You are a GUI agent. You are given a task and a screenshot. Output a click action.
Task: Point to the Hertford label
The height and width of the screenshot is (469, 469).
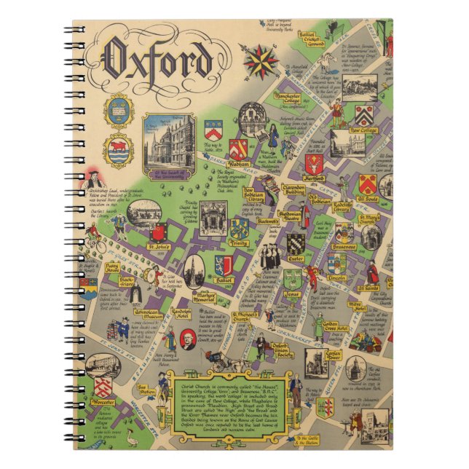(x=315, y=178)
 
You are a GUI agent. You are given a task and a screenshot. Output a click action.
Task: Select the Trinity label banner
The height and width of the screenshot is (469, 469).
(x=240, y=243)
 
